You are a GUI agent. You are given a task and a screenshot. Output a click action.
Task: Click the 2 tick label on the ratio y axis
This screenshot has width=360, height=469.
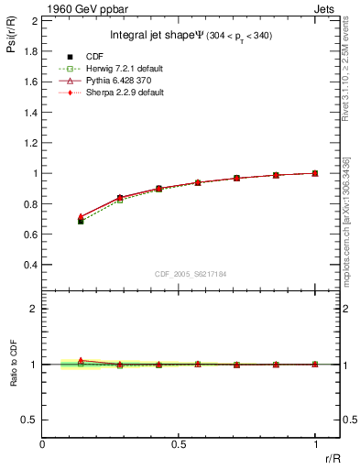click(34, 309)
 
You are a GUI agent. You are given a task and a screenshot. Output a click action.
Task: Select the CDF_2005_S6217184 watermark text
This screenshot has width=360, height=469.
click(190, 274)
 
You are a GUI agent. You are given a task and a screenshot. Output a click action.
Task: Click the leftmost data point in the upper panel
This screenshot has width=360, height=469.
click(81, 220)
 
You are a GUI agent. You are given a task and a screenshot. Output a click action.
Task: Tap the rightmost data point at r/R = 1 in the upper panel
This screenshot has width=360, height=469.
click(315, 173)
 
